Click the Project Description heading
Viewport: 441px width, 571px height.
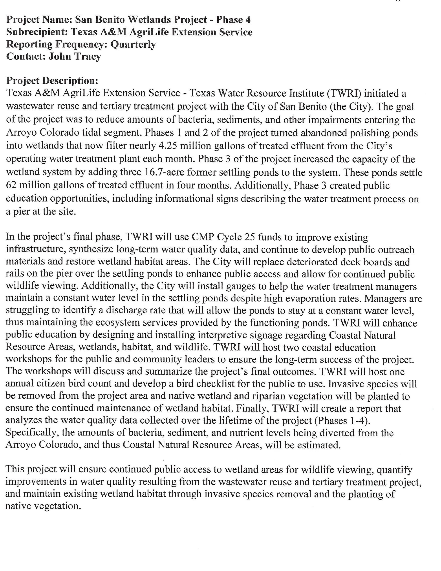click(52, 81)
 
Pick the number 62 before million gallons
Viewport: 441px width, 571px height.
click(11, 185)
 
